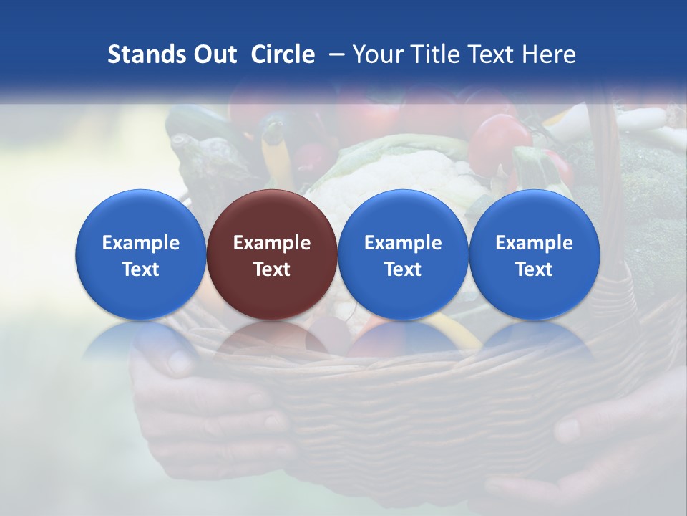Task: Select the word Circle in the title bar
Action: [283, 54]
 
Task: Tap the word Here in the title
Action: [549, 54]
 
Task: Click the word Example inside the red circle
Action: [272, 243]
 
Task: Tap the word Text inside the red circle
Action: [272, 269]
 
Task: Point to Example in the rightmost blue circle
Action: [535, 243]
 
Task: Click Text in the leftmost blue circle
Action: [140, 269]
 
